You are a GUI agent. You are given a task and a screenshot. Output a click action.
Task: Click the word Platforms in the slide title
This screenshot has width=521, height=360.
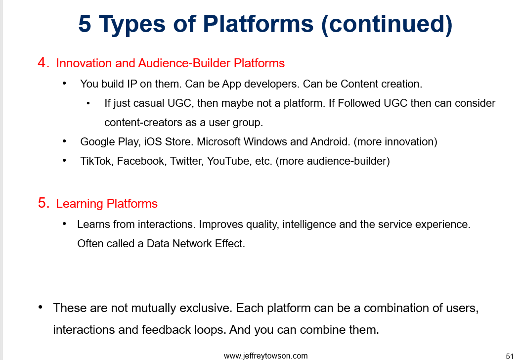pyautogui.click(x=258, y=24)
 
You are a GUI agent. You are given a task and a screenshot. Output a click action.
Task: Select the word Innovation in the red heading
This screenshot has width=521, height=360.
pyautogui.click(x=84, y=63)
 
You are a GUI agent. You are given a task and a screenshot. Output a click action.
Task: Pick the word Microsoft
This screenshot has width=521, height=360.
pyautogui.click(x=218, y=141)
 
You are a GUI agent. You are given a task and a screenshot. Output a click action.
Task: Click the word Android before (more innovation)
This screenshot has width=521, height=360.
pyautogui.click(x=330, y=141)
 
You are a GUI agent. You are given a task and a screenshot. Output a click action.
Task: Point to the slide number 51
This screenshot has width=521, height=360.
pyautogui.click(x=509, y=356)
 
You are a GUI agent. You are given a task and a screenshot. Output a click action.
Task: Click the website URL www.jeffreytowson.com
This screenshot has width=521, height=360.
pyautogui.click(x=265, y=356)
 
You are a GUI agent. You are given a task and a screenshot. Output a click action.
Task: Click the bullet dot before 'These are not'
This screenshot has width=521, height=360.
pyautogui.click(x=40, y=307)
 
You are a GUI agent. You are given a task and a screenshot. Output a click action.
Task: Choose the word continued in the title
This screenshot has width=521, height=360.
pyautogui.click(x=387, y=24)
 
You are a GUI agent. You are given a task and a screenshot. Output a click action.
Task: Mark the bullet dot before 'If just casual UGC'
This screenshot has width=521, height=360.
pyautogui.click(x=87, y=103)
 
